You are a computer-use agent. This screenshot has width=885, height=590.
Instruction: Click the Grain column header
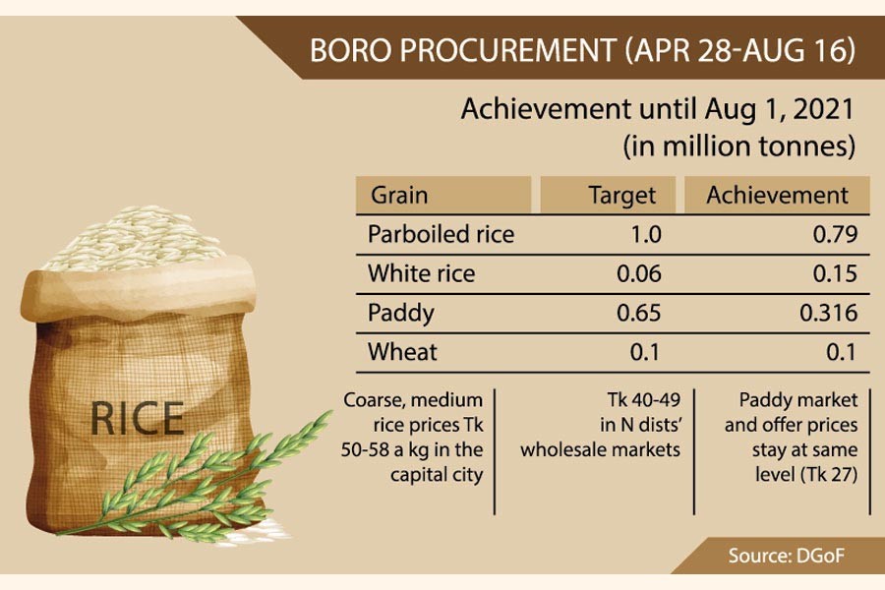tap(399, 196)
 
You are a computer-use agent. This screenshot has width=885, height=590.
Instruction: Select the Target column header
tap(622, 196)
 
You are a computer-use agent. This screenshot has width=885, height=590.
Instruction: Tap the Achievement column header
tap(777, 196)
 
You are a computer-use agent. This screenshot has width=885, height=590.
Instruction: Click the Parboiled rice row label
tap(441, 234)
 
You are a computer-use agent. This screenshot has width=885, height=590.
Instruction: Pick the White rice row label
tap(421, 273)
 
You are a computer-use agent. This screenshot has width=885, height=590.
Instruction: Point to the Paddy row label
tap(401, 314)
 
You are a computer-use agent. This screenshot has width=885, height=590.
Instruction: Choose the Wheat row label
tap(402, 352)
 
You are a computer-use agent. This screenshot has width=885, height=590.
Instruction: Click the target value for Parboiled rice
tap(645, 234)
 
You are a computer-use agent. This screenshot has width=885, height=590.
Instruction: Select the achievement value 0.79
tap(835, 234)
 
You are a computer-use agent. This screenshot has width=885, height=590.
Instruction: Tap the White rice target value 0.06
tap(639, 273)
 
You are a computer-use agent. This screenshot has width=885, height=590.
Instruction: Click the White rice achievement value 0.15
tap(835, 273)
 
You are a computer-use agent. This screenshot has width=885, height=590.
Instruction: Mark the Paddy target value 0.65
tap(639, 313)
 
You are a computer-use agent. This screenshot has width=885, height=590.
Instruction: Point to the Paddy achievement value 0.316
tap(829, 313)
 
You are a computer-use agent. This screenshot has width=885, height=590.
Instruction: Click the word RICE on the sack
tap(137, 418)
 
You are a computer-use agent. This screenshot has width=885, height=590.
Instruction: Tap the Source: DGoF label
tap(787, 556)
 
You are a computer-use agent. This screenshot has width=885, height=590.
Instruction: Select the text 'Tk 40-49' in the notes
tap(644, 400)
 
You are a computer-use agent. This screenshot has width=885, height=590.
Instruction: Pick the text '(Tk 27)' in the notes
tap(829, 474)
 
